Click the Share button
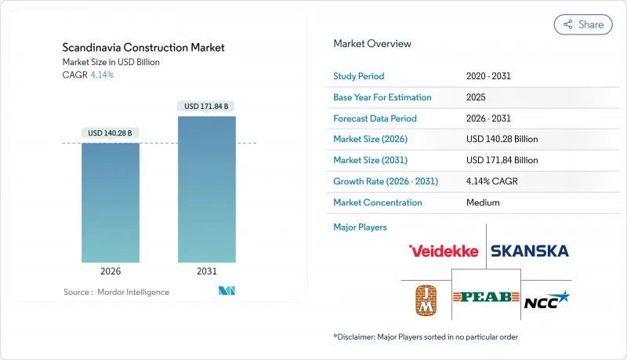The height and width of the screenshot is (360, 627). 583,24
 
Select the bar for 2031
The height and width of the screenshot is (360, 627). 207,188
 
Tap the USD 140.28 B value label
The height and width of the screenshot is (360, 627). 111,133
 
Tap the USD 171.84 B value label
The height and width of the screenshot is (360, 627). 207,106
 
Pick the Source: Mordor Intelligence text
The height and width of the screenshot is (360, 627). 116,292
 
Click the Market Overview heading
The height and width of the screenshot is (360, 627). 372,44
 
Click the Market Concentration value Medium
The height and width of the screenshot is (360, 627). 483,202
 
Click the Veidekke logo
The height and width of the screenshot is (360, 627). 444,251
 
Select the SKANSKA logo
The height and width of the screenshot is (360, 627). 530,251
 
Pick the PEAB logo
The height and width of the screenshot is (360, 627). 486,297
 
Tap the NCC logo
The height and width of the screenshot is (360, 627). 546,299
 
